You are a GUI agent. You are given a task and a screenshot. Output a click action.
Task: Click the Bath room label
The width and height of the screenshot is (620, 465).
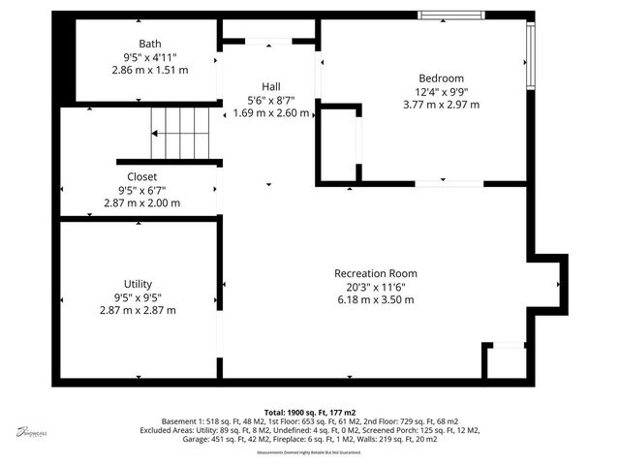(x=150, y=44)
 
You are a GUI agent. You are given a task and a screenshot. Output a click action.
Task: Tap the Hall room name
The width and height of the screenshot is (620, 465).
(x=271, y=86)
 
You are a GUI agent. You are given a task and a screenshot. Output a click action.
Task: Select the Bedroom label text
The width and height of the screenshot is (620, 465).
(x=441, y=78)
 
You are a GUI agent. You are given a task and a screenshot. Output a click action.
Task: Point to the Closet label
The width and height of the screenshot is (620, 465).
(x=137, y=177)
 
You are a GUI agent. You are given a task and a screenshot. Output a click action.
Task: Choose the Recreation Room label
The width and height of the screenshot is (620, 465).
(x=374, y=274)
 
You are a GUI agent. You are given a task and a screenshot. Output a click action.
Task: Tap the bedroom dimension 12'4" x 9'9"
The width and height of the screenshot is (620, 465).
(x=441, y=92)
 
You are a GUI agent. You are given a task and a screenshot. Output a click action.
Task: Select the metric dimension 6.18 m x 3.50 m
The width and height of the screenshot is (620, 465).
(x=374, y=300)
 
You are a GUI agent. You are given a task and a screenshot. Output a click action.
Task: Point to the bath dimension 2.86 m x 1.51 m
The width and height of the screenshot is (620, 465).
(x=150, y=70)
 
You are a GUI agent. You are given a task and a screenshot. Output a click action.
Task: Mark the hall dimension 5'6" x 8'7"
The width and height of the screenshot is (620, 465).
(x=271, y=100)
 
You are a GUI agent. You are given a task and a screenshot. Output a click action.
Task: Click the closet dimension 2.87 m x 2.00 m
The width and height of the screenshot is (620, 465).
(x=141, y=203)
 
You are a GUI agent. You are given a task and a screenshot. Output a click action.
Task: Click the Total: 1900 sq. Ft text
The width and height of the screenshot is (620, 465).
(x=309, y=412)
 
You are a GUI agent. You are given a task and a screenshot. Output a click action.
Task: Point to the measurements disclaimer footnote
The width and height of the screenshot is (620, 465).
(x=309, y=452)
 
